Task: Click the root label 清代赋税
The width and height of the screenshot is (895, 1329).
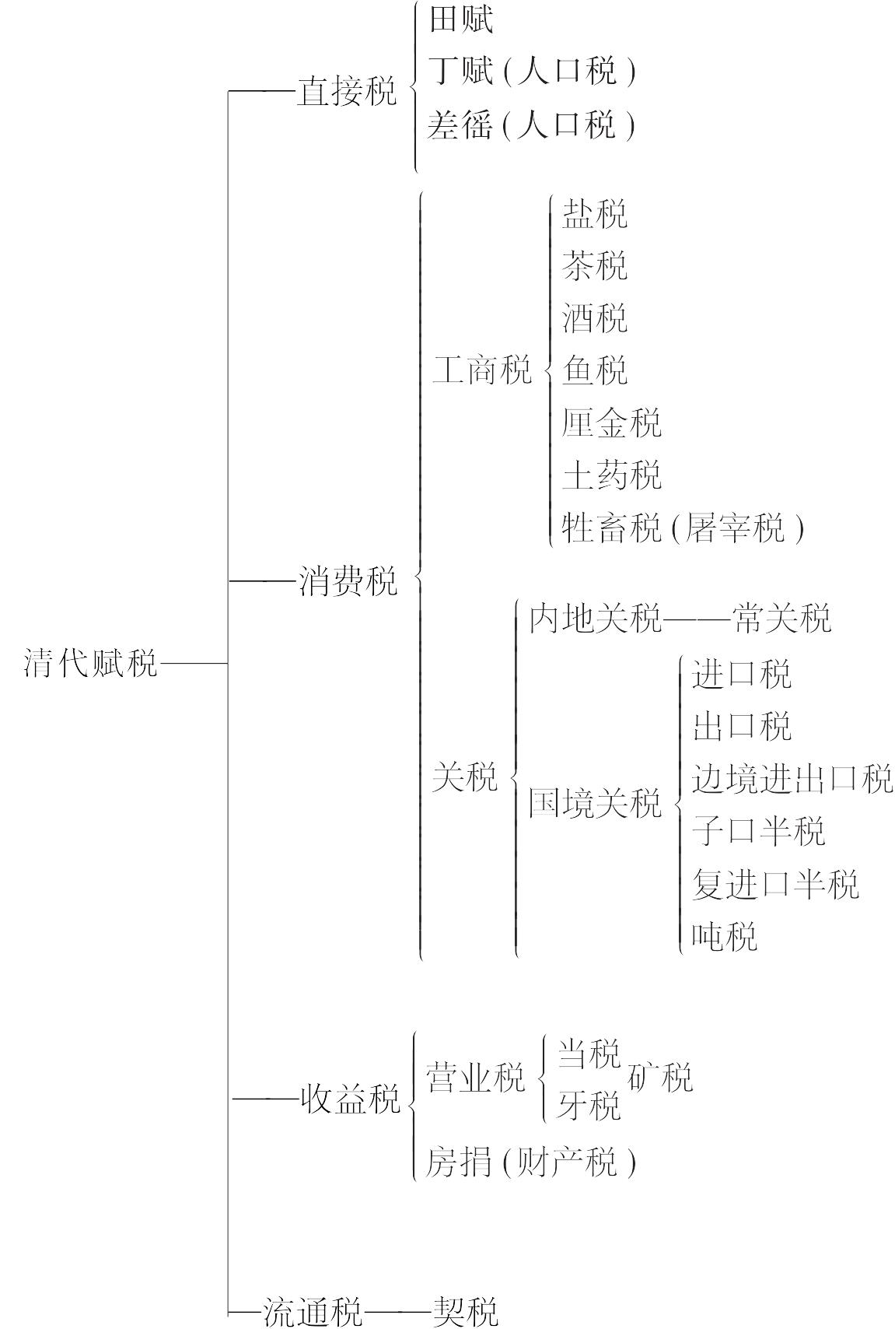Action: (x=91, y=663)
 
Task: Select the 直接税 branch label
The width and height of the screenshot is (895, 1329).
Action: (x=347, y=91)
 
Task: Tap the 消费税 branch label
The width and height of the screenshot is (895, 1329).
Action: (x=348, y=580)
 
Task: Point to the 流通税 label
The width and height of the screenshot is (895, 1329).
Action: (x=313, y=1310)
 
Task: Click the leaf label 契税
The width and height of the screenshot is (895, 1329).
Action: (x=465, y=1310)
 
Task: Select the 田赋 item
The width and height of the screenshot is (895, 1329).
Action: (x=460, y=19)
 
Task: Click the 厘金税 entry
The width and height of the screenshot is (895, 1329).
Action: (x=611, y=423)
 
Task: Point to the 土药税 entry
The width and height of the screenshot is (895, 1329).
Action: (x=611, y=475)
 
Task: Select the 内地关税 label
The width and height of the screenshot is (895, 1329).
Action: (x=595, y=619)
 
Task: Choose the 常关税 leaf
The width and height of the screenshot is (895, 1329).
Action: (x=781, y=619)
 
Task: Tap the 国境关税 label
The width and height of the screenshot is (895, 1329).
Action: (x=595, y=803)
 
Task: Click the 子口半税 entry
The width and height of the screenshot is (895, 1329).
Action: (x=758, y=831)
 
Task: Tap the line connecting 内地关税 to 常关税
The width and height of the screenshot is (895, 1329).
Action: (x=697, y=619)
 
